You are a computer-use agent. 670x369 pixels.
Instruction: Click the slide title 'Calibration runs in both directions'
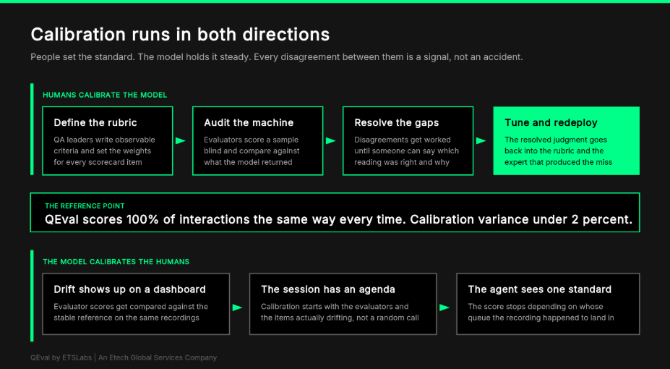click(x=180, y=35)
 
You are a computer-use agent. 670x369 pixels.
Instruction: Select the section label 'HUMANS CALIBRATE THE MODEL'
click(x=105, y=95)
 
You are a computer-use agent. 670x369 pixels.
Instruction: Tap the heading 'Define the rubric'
click(x=95, y=123)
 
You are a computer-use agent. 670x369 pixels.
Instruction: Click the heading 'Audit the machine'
click(x=249, y=123)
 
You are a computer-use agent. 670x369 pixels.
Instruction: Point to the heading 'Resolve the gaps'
click(x=397, y=123)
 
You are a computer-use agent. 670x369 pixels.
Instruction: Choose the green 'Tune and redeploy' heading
click(x=551, y=123)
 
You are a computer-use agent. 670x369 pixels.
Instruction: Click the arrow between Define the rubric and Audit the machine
click(x=181, y=140)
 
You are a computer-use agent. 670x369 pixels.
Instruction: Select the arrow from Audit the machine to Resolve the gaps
click(x=331, y=140)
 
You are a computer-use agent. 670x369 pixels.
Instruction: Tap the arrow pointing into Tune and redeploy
click(x=481, y=140)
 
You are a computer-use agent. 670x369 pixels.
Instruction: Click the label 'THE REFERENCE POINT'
click(x=85, y=206)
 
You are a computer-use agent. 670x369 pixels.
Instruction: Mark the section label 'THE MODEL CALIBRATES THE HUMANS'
click(x=116, y=262)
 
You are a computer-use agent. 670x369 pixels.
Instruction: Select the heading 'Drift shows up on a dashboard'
click(x=129, y=289)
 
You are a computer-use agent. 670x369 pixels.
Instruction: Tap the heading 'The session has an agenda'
click(x=327, y=289)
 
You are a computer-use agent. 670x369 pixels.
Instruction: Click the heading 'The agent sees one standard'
click(x=539, y=289)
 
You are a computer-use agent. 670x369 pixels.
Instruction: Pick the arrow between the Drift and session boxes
click(x=238, y=307)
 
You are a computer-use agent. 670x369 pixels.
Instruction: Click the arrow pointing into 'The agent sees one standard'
click(x=444, y=307)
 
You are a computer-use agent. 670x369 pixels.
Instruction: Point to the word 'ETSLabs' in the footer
click(x=77, y=357)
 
